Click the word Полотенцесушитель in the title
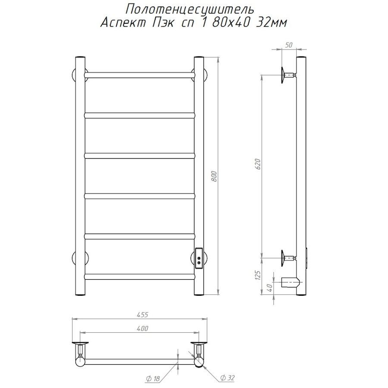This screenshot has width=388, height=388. click(190, 10)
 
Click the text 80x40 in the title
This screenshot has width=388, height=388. click(230, 23)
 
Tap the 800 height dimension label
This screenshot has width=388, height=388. click(214, 176)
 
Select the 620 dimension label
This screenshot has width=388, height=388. click(258, 164)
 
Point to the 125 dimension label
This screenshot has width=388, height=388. click(258, 275)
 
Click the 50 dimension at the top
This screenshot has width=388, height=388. click(289, 45)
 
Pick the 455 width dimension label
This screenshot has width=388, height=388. click(142, 315)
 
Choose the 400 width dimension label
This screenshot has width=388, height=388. click(142, 329)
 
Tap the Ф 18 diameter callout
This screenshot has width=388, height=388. click(153, 379)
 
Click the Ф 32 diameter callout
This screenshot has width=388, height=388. click(227, 378)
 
